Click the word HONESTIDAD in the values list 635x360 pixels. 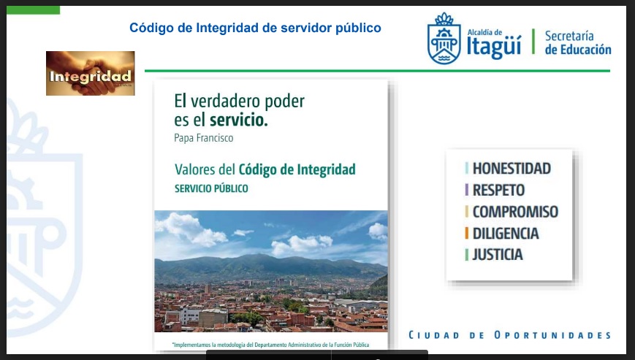click(x=512, y=168)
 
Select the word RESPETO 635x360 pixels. click(x=498, y=190)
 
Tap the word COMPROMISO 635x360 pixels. click(x=515, y=212)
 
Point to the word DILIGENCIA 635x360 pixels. click(x=506, y=234)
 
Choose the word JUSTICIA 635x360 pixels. click(x=498, y=255)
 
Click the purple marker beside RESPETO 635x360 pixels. click(x=466, y=190)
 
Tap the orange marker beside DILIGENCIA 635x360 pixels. click(x=466, y=234)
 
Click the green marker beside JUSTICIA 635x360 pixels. click(x=466, y=255)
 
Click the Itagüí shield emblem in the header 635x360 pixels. click(x=444, y=38)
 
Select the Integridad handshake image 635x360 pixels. click(x=91, y=73)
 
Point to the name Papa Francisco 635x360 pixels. click(x=204, y=138)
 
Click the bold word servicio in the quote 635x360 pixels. click(x=238, y=120)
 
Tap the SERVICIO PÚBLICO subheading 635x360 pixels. click(x=211, y=188)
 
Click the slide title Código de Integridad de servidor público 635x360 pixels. click(x=255, y=28)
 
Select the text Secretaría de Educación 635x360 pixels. click(x=578, y=42)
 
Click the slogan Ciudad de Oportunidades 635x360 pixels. click(x=509, y=335)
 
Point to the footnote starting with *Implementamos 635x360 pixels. click(x=270, y=345)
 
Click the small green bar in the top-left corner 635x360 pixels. click(x=33, y=10)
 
